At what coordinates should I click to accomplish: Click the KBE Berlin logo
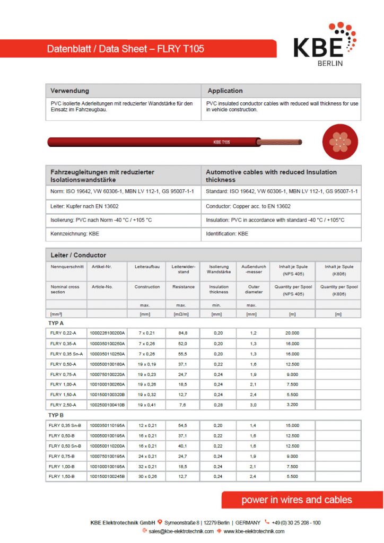pos(325,45)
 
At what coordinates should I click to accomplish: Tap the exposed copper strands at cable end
pos(280,142)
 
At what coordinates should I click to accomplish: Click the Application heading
pos(225,91)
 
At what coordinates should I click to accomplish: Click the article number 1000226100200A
pos(107,333)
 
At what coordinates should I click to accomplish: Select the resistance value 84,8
pos(183,333)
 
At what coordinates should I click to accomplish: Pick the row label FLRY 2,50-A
pos(63,405)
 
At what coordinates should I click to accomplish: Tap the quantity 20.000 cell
pos(292,333)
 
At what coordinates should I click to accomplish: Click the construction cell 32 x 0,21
pos(147,467)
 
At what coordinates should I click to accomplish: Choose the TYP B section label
pos(56,415)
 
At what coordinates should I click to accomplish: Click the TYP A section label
pos(56,323)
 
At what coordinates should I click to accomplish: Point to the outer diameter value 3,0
pos(254,405)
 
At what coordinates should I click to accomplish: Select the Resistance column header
pos(184,287)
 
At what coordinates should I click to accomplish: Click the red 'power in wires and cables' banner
pos(296,500)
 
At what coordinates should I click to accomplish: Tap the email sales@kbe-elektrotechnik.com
pos(181,531)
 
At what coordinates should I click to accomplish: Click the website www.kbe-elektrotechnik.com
pos(254,531)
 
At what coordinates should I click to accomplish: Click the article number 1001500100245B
pos(107,477)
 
